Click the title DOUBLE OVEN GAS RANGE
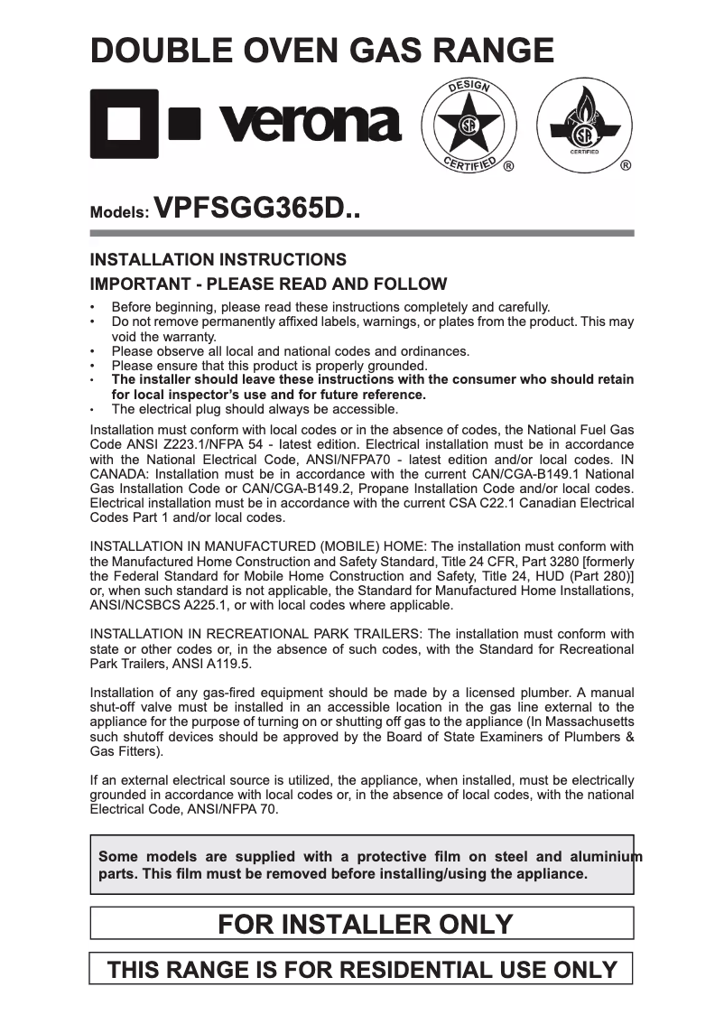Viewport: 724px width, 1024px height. click(x=322, y=51)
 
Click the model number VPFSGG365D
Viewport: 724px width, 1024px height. click(x=256, y=211)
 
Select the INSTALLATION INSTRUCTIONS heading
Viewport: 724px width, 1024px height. click(x=218, y=260)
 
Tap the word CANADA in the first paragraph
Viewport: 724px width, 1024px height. click(x=121, y=474)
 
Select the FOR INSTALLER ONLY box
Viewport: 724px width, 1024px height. click(x=361, y=924)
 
